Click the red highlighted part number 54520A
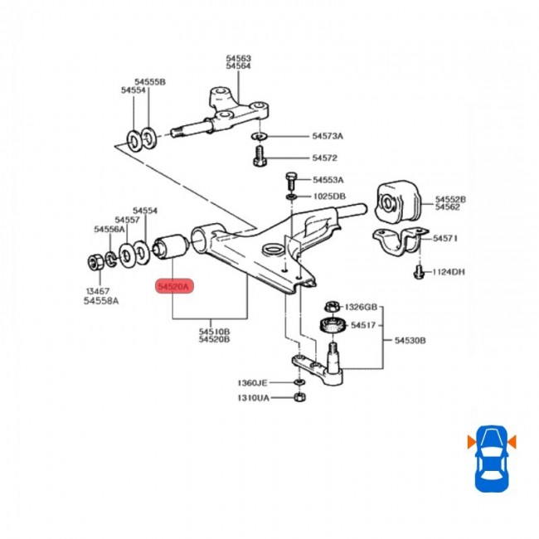point(174,287)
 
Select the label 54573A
point(328,136)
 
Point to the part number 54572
point(324,158)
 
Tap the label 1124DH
point(449,271)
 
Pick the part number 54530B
point(410,340)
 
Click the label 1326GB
point(362,306)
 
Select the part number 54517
point(363,326)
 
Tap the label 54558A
point(100,300)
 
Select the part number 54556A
point(109,229)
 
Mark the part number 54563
point(239,58)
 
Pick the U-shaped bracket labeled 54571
point(397,243)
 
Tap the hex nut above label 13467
point(94,264)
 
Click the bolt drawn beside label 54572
point(259,155)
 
